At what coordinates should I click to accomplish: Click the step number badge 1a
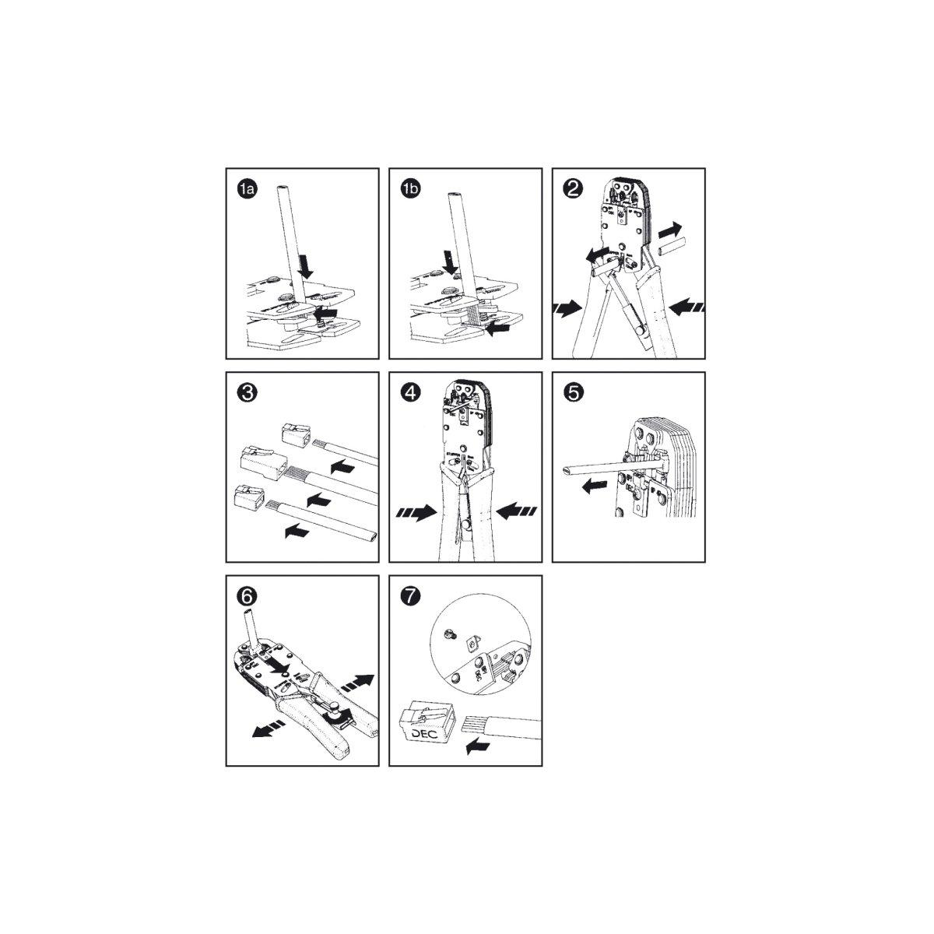(x=248, y=189)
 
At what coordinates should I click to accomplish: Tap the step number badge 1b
(x=411, y=189)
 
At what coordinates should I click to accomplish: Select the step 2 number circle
(x=574, y=189)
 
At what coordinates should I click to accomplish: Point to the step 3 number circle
(x=248, y=393)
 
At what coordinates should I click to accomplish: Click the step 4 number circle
(x=411, y=393)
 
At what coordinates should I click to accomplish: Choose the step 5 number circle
(x=574, y=393)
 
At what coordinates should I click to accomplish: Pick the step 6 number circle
(x=248, y=596)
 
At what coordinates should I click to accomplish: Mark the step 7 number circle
(x=411, y=596)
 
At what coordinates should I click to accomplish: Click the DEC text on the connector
(x=420, y=734)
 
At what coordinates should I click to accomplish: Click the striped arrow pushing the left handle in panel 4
(x=414, y=514)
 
